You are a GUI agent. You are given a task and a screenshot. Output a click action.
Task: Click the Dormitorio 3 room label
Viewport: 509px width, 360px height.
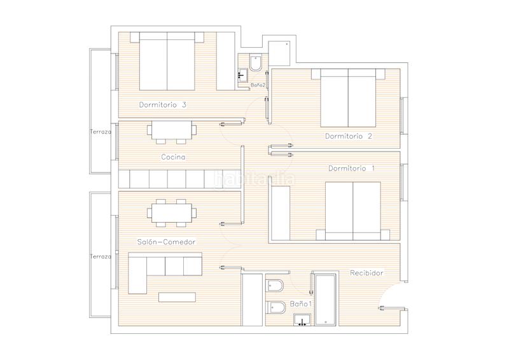point(162,105)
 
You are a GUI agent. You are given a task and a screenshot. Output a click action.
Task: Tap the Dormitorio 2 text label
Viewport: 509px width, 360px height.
point(348,136)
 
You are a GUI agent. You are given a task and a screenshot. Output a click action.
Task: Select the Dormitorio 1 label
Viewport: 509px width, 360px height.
point(351,169)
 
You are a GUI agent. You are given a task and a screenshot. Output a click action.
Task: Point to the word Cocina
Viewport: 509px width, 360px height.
point(173,157)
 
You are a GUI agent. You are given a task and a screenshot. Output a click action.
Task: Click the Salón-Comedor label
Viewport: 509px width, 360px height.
point(166,242)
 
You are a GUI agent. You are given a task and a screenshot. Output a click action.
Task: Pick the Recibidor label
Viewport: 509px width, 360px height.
point(366,273)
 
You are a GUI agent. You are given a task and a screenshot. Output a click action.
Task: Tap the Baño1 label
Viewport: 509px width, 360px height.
point(300,304)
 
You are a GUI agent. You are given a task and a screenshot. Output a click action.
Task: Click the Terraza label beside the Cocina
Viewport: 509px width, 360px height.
point(101,132)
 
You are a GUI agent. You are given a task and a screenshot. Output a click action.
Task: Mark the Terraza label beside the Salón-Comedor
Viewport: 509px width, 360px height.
point(101,257)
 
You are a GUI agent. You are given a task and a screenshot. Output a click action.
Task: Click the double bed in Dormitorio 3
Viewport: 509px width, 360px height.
point(167,62)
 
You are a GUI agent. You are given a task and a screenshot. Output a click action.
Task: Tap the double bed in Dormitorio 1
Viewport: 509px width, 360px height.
point(352,210)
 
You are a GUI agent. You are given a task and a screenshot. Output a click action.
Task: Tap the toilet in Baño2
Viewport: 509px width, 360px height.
point(256,65)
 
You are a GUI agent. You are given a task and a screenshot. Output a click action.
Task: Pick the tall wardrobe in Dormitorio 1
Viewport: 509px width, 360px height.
point(281,212)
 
